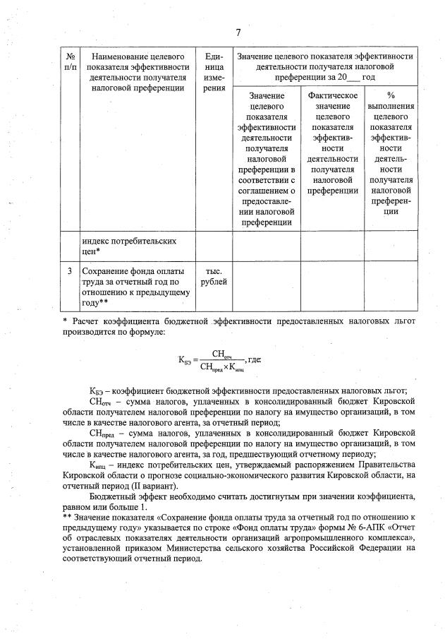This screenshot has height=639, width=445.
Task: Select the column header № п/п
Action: click(x=70, y=61)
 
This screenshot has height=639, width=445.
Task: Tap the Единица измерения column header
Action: click(x=210, y=72)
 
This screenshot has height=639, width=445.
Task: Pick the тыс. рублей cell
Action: click(x=210, y=276)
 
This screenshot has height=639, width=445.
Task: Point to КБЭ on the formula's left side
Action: click(x=186, y=361)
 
